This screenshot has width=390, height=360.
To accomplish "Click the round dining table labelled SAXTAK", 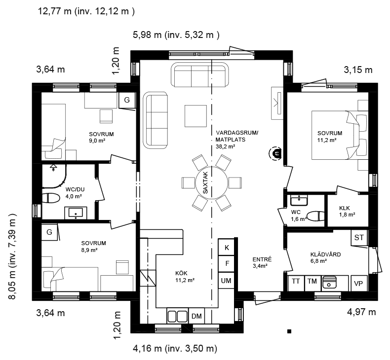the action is [212, 183].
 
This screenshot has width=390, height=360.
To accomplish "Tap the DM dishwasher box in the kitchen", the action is [196, 316].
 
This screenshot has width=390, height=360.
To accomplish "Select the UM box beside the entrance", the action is [226, 280].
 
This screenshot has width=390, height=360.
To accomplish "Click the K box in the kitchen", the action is [226, 247].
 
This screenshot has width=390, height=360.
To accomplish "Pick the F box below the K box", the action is [226, 264].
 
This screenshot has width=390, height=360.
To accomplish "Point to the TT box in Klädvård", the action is [296, 283].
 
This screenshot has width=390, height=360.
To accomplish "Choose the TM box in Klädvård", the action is [312, 283].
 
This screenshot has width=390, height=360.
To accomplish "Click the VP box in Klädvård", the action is [359, 283].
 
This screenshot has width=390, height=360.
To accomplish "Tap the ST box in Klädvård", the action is [359, 238].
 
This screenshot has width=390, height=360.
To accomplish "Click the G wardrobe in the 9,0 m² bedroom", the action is [127, 100].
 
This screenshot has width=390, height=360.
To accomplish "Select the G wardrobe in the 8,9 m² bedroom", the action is [49, 232].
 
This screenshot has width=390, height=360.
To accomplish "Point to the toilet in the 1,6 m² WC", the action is [315, 216].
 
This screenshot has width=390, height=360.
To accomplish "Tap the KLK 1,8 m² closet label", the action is [347, 211].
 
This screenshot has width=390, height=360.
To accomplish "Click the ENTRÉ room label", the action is [262, 259].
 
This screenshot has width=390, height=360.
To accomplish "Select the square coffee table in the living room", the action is [195, 116].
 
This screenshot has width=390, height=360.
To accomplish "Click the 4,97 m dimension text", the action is [361, 312].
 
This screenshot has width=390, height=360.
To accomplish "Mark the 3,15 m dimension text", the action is [358, 70].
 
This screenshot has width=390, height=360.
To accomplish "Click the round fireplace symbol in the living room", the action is [275, 153].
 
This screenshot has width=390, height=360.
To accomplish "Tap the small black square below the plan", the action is [289, 331].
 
